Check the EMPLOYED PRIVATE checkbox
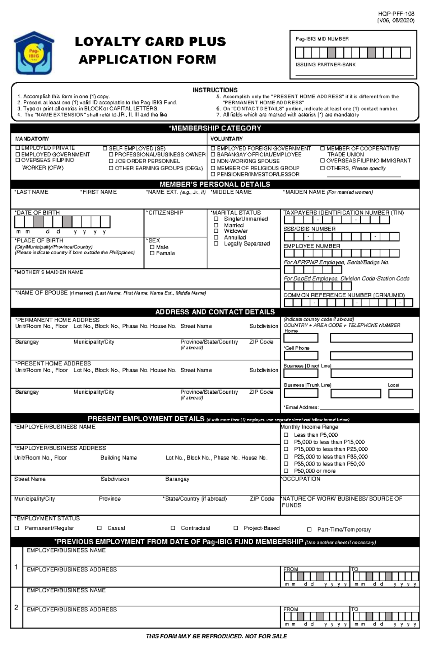click(x=18, y=148)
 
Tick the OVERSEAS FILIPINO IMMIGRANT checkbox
click(x=323, y=161)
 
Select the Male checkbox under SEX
click(x=152, y=247)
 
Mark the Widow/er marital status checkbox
click(x=216, y=231)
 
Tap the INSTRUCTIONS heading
click(x=215, y=90)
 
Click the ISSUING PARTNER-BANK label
click(x=325, y=65)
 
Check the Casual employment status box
click(x=99, y=528)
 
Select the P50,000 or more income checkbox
click(x=286, y=471)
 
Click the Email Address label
click(x=301, y=407)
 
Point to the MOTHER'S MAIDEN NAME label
click(x=49, y=272)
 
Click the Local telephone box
click(x=400, y=393)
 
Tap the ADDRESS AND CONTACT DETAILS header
click(x=215, y=312)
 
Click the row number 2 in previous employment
click(x=16, y=607)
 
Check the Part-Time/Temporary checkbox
click(x=309, y=530)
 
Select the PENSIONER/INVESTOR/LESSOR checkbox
click(x=213, y=174)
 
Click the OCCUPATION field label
click(x=301, y=479)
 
